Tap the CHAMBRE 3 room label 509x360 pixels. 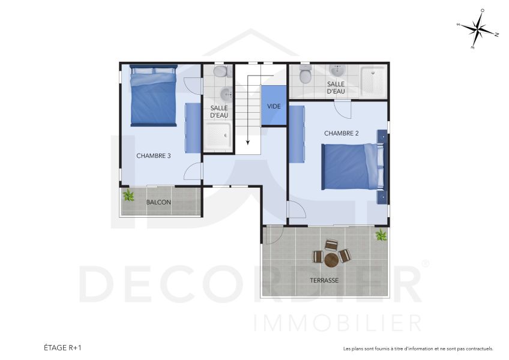[x=154, y=155]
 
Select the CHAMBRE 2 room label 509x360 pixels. [x=341, y=133]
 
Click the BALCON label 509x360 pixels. [x=158, y=202]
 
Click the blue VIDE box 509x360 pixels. [x=274, y=106]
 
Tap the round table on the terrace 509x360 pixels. [x=331, y=260]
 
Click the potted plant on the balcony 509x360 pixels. [x=128, y=196]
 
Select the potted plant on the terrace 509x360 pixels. [x=381, y=235]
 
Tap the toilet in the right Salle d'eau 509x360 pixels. [x=306, y=75]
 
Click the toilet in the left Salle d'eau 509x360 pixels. [x=221, y=72]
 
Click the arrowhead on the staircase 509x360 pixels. [x=248, y=143]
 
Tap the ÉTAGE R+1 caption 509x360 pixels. [x=62, y=347]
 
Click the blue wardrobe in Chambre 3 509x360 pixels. [x=193, y=127]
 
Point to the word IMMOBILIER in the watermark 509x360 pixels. [x=338, y=323]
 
